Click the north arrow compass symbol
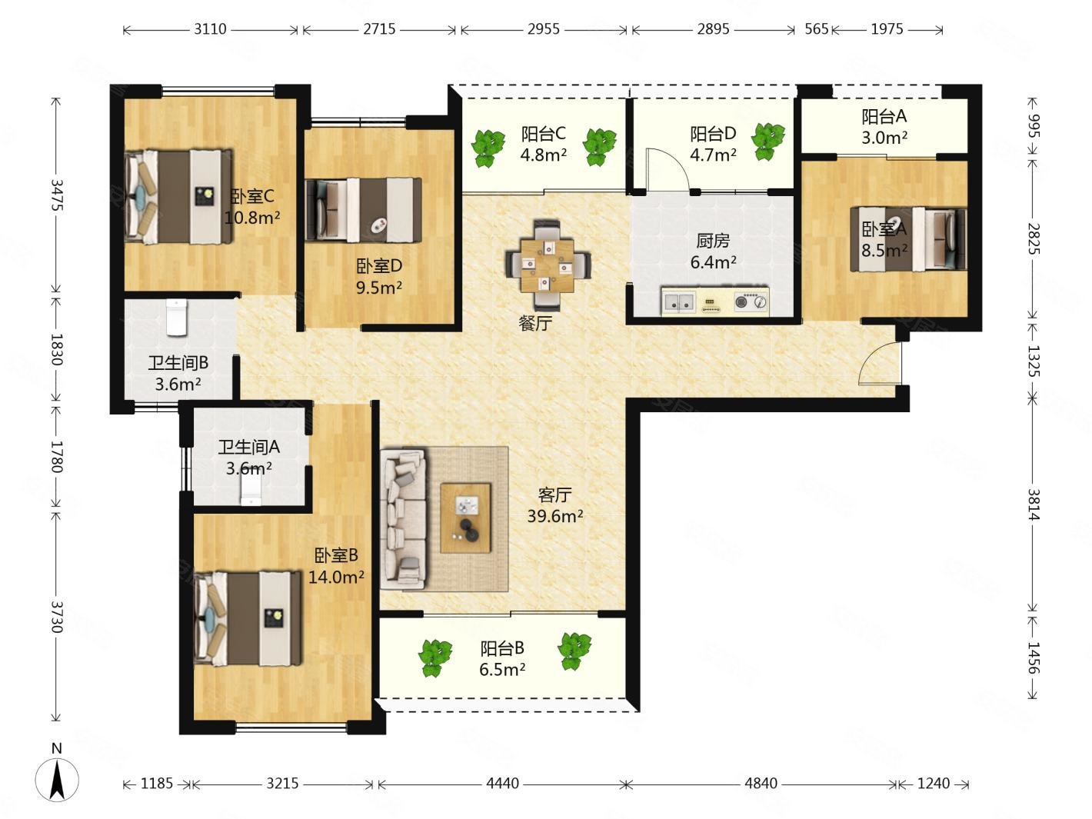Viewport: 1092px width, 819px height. click(x=57, y=779)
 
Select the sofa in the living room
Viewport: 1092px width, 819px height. click(x=404, y=519)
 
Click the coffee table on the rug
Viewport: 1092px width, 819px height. click(x=465, y=518)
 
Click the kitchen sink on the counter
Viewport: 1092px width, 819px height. click(x=678, y=302)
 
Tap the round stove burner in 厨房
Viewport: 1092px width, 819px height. click(x=742, y=301)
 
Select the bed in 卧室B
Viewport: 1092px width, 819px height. click(x=248, y=618)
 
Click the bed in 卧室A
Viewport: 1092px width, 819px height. click(x=908, y=239)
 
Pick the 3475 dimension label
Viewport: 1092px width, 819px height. click(x=57, y=195)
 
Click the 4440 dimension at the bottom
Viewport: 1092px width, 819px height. click(x=502, y=783)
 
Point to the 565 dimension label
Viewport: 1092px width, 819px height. click(x=817, y=29)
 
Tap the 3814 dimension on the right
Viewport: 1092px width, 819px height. click(x=1034, y=504)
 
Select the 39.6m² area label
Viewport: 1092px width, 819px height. click(x=554, y=516)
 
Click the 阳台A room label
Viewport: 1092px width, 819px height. click(x=884, y=116)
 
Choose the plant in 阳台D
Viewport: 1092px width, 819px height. click(x=767, y=141)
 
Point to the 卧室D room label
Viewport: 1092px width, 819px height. click(x=379, y=266)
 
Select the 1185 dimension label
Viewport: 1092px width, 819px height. click(x=156, y=783)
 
